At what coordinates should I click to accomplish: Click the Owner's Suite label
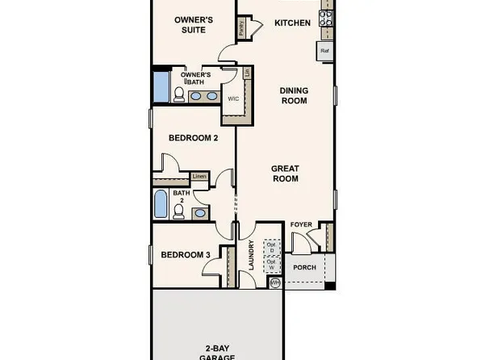[194, 24]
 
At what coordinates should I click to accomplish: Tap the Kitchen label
[292, 23]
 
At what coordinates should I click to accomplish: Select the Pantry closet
[242, 28]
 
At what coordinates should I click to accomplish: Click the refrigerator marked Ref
[325, 51]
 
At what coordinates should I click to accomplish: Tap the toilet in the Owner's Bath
[178, 94]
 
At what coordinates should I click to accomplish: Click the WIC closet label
[234, 99]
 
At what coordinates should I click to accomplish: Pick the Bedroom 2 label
[193, 138]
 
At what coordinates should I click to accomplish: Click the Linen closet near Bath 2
[199, 176]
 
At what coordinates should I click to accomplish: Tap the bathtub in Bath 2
[161, 204]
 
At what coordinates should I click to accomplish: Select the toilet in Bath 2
[178, 212]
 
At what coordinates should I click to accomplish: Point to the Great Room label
[285, 174]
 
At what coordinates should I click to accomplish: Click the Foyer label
[301, 225]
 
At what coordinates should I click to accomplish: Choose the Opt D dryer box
[272, 247]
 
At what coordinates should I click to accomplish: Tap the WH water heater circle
[274, 283]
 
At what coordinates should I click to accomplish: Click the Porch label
[304, 267]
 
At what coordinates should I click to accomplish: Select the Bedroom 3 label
[186, 255]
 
